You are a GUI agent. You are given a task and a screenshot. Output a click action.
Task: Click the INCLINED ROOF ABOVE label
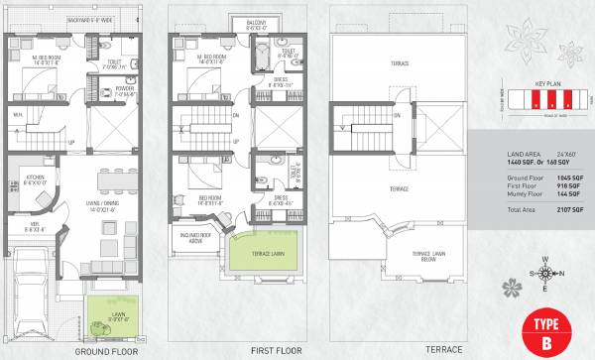click(198, 237)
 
